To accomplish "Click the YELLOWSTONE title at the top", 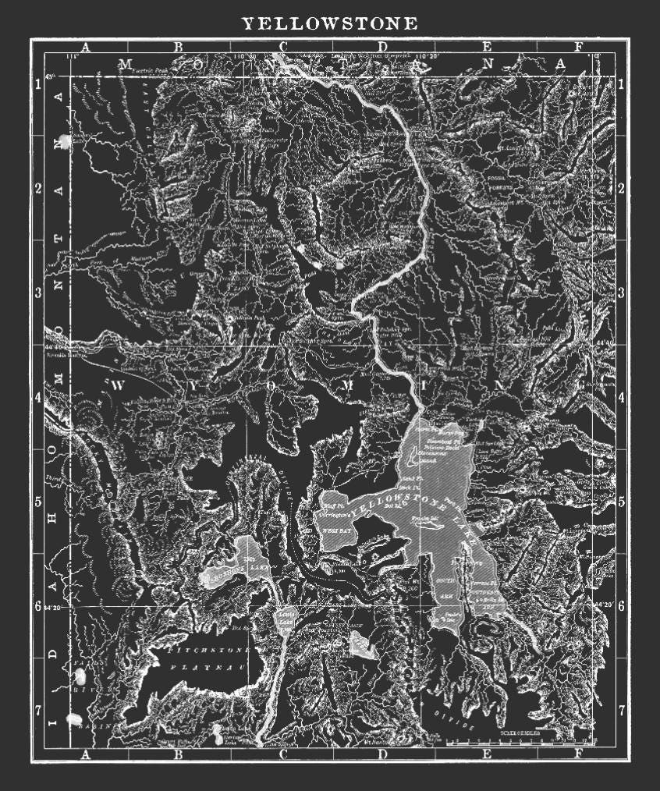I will point(329,24).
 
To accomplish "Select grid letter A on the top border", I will point(86,47).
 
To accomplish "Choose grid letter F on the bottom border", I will point(577,754).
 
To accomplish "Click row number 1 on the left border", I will point(38,84).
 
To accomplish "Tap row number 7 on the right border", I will point(621,711).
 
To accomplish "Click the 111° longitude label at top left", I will point(74,56).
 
